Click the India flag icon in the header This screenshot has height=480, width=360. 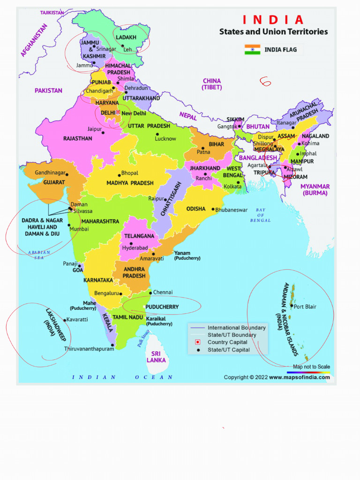252,49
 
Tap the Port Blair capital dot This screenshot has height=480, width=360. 292,307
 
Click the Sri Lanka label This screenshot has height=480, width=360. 156,357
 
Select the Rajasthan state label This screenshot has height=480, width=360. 78,139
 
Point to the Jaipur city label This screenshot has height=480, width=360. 94,129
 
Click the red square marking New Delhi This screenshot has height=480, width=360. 118,112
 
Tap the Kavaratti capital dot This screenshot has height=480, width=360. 65,320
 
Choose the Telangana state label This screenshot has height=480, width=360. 139,236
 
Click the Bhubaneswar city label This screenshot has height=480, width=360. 231,210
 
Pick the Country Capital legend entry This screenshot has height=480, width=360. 227,342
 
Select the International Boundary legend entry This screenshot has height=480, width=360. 236,328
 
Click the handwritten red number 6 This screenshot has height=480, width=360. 265,82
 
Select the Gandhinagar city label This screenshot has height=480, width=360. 50,172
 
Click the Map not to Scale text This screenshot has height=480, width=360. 311,367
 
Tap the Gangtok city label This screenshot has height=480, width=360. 227,127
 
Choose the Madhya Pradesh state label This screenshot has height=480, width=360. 130,183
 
